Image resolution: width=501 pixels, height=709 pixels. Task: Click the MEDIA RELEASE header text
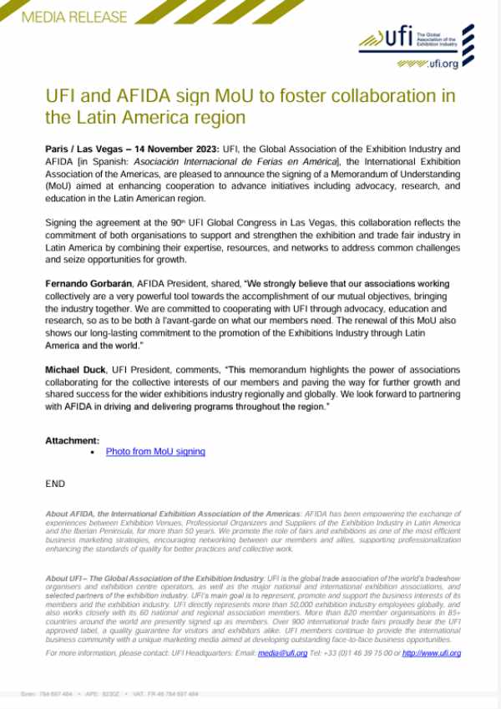[x=74, y=17]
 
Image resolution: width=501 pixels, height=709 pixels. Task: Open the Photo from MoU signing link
[x=155, y=451]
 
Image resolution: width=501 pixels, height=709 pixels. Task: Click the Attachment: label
[x=73, y=440]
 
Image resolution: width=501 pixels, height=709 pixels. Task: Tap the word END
[x=55, y=484]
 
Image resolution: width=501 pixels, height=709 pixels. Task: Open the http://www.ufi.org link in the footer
[x=431, y=653]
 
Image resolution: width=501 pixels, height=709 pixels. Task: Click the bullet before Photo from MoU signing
[x=93, y=452]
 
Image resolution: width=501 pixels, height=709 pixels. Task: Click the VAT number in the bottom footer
[x=171, y=694]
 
